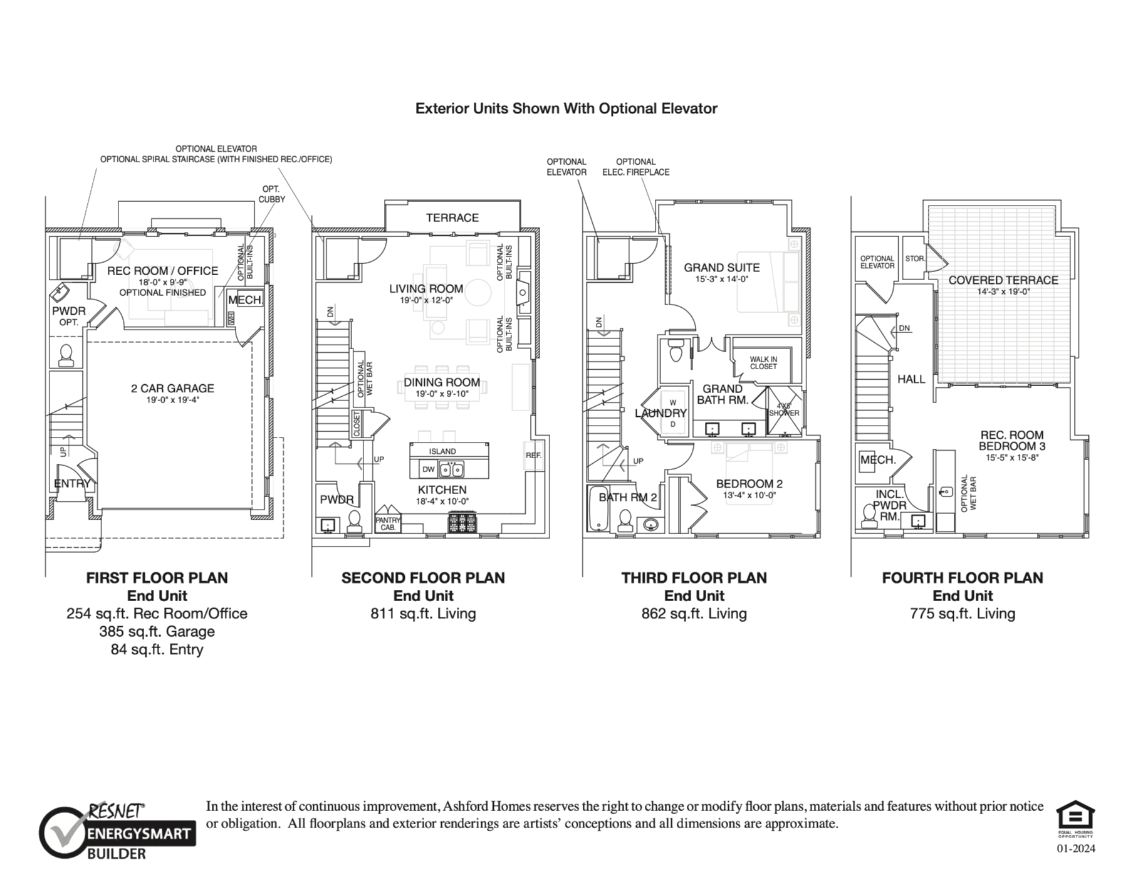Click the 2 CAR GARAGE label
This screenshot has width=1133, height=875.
172,389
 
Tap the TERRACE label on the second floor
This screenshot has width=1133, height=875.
452,217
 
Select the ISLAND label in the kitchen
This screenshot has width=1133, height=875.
442,451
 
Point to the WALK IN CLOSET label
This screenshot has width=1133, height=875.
763,363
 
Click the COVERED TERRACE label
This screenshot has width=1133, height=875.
1003,280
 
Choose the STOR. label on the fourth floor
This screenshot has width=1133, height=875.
915,258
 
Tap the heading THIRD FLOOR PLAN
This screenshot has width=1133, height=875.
694,578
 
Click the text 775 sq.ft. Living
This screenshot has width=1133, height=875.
963,614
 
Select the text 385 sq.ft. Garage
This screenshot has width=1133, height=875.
157,631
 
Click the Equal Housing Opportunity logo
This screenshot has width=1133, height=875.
1075,819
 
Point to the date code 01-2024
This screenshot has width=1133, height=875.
1076,849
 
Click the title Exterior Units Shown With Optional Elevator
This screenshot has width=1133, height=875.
566,108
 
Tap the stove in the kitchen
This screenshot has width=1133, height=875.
462,522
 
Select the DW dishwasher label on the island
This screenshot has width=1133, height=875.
429,469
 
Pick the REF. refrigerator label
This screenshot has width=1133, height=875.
533,455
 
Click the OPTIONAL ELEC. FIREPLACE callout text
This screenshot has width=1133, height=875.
636,167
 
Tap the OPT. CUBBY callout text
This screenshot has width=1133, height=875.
271,194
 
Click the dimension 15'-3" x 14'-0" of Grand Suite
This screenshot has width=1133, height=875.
721,279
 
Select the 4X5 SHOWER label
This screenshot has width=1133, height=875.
784,409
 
